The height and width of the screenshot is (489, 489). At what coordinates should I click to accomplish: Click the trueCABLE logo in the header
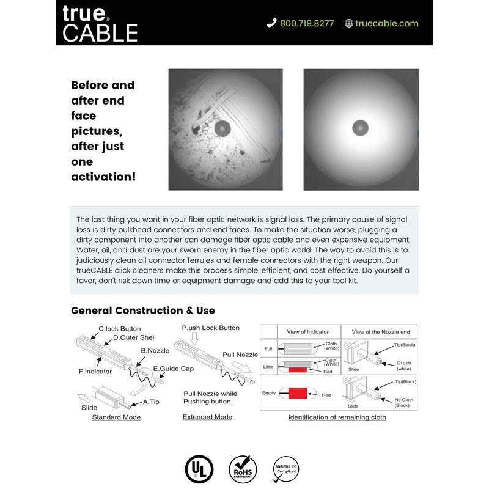100,23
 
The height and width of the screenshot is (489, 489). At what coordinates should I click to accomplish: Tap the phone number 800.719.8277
307,23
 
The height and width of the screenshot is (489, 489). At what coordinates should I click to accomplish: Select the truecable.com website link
387,23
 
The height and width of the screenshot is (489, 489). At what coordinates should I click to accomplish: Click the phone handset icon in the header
272,23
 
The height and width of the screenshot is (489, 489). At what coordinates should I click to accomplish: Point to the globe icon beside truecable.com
349,23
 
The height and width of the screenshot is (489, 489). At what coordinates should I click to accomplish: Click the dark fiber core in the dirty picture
222,128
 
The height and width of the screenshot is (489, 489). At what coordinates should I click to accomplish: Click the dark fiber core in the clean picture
361,128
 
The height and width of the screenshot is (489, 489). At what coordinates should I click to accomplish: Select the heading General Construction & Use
143,311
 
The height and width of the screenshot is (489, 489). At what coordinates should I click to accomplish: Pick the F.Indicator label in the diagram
97,370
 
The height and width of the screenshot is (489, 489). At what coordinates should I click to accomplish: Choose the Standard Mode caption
116,417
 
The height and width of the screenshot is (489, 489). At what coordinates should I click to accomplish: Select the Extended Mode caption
207,417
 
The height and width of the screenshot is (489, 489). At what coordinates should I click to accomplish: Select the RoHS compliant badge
242,469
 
